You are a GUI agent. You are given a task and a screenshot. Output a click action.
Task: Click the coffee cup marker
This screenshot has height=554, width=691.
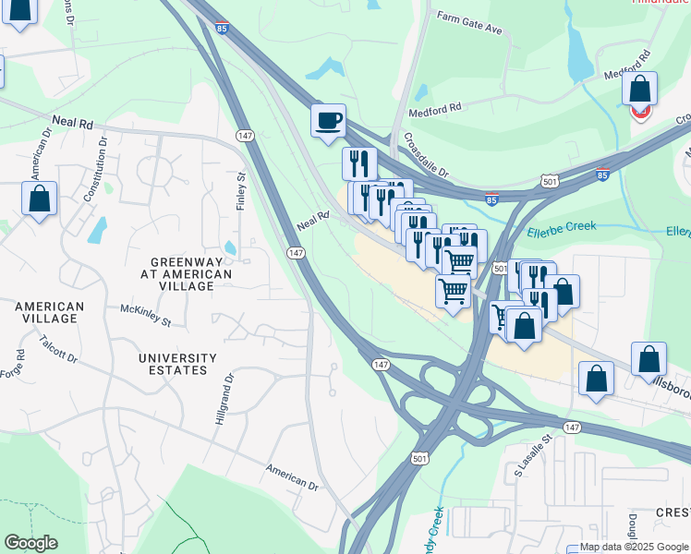click(328, 120)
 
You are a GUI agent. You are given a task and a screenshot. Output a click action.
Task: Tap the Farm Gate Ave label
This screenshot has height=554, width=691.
click(469, 23)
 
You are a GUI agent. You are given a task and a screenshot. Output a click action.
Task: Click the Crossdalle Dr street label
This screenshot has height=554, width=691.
click(425, 155)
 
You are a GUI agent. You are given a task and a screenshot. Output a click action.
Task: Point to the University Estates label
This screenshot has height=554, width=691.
click(177, 364)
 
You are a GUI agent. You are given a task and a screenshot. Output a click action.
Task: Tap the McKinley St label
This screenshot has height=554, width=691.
click(146, 315)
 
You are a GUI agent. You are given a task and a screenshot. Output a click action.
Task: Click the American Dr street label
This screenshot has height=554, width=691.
click(292, 476)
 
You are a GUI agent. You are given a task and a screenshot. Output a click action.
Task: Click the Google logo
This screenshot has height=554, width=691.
click(30, 543)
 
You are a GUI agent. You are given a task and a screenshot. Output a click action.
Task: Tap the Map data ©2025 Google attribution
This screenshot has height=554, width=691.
click(634, 547)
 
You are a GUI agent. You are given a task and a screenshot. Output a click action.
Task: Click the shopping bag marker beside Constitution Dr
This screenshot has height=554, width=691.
click(40, 199)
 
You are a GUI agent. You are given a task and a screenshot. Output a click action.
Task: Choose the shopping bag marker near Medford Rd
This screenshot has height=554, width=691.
click(639, 90)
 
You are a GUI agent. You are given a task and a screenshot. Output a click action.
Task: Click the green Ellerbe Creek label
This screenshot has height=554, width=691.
click(564, 226)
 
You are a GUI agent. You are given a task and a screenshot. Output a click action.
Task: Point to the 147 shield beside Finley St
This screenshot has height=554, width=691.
click(245, 135)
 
